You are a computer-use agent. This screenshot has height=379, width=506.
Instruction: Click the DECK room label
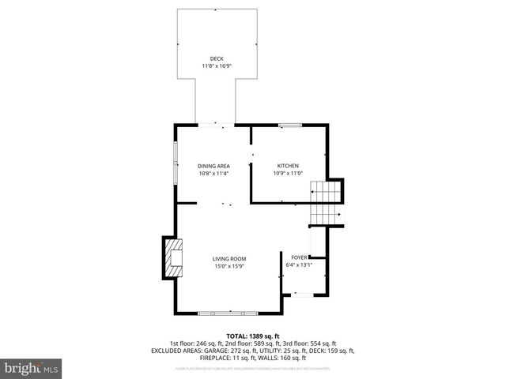point(216,58)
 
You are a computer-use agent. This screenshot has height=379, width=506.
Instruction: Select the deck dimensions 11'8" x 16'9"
point(216,66)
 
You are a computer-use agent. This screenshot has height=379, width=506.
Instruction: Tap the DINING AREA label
point(213,165)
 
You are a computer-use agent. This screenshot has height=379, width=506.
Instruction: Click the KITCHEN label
point(287,165)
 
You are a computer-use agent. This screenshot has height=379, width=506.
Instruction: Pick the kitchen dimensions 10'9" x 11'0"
point(287,173)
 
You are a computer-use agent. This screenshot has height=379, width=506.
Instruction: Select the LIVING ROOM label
point(229,259)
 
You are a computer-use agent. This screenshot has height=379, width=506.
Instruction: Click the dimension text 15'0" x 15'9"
point(229,267)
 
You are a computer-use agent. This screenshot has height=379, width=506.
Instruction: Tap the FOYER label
point(299,257)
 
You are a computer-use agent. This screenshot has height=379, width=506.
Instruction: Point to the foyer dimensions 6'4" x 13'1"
point(299,265)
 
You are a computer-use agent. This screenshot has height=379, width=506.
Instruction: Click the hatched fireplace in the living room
point(172,257)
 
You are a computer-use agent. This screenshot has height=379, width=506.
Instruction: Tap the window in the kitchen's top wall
point(288,125)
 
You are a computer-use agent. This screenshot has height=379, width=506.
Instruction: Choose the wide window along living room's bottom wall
point(228,313)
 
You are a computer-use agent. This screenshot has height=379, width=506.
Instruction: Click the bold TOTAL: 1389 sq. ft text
point(253,336)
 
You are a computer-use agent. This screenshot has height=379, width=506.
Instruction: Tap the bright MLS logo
point(32,369)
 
